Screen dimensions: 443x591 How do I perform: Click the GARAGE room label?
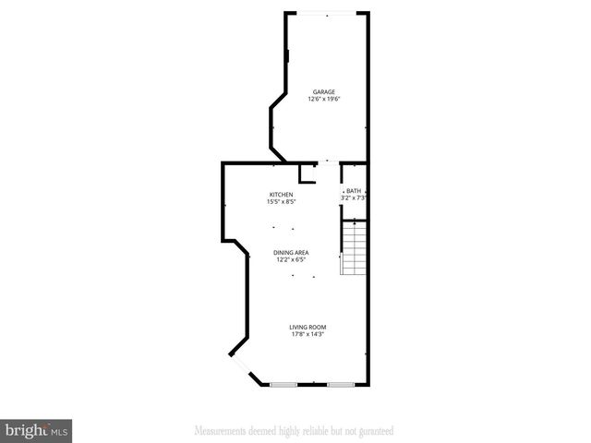coord(323,92)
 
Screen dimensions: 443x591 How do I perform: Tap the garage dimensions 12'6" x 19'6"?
coord(323,100)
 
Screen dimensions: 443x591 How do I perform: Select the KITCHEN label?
coord(281,194)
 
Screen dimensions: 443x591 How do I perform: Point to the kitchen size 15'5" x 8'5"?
coord(281,201)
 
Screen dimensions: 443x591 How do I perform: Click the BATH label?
coord(354,191)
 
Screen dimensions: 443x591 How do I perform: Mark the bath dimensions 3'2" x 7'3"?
coord(355,198)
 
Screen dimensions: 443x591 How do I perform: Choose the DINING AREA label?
coord(291,252)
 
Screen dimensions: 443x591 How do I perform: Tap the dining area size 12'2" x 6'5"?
coord(291,259)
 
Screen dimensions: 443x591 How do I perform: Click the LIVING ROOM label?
coord(308,327)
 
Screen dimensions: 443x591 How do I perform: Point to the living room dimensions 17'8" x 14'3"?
coord(308,334)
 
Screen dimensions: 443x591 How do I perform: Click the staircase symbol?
coord(355,247)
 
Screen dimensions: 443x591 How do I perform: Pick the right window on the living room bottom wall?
coord(339,383)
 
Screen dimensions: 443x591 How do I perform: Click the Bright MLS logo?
coord(37,430)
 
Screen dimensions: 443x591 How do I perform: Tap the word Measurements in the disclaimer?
coord(219,431)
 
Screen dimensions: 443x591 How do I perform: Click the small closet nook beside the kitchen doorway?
coord(307,174)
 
